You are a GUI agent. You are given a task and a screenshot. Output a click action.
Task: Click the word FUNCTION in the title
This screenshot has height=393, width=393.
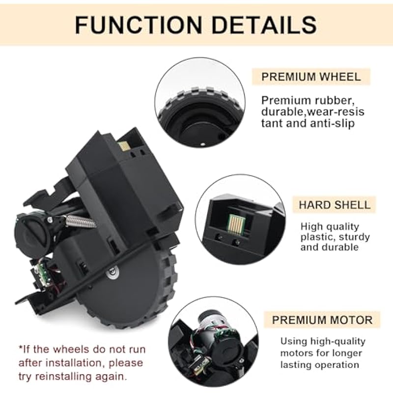[139, 25]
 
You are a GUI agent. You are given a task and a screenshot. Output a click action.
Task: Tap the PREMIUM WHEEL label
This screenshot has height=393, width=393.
[311, 77]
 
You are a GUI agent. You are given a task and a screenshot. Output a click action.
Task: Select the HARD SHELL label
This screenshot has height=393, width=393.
[335, 205]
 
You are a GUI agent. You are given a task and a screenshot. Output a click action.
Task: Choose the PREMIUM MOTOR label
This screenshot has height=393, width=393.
[322, 320]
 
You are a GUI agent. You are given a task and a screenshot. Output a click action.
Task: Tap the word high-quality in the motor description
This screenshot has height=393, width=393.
[338, 341]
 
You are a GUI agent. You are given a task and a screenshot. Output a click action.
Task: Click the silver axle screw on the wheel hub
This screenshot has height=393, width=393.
[112, 272]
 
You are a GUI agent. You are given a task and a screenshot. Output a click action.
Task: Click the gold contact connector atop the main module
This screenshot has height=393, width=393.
[123, 145]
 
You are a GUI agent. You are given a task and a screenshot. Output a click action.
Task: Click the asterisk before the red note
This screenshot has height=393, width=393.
[20, 347]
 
